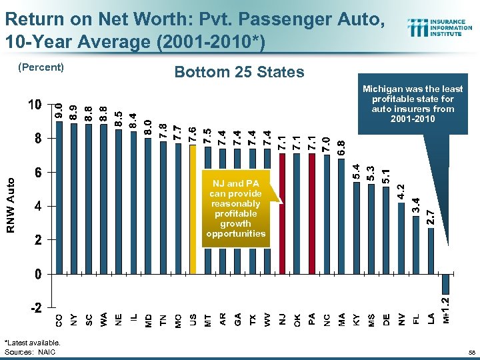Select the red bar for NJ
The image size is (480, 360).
point(282,213)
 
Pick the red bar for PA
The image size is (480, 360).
point(312,213)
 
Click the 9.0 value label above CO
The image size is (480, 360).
point(59,111)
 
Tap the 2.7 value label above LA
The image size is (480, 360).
point(431,217)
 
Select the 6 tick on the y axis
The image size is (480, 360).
point(38,173)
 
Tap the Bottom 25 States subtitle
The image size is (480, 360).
point(239,72)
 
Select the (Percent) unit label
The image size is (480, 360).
point(41,67)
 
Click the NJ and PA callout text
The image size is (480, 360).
point(235,208)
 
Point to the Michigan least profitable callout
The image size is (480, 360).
point(412,104)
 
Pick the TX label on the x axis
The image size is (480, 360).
point(252,319)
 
